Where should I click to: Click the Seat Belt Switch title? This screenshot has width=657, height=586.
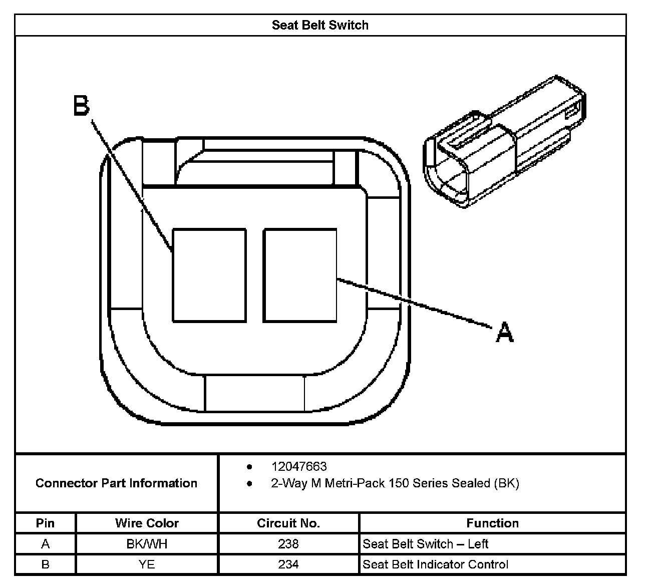tap(320, 25)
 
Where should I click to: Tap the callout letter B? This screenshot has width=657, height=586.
tap(82, 106)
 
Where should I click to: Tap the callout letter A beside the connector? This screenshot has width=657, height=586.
tap(504, 333)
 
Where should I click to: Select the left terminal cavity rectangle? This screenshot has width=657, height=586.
tap(209, 275)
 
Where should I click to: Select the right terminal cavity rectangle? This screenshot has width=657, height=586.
tap(300, 275)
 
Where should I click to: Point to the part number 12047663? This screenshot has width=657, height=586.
tap(299, 466)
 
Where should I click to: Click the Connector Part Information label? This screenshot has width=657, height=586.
tap(116, 483)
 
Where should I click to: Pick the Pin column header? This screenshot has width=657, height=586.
tap(45, 523)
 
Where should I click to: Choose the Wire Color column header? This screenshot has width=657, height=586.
tap(147, 523)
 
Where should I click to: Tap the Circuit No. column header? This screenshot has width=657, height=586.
tap(288, 523)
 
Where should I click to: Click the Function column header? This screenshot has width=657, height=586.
tap(492, 523)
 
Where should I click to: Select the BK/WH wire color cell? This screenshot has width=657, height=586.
tap(147, 544)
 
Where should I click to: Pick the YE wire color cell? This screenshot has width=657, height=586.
tap(147, 564)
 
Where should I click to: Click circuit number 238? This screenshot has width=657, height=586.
tap(288, 544)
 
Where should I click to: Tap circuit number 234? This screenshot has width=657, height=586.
tap(288, 564)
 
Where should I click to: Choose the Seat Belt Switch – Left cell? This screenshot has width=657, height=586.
tap(425, 544)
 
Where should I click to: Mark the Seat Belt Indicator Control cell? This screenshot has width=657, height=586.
tap(435, 564)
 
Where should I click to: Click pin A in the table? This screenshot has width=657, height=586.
tap(45, 544)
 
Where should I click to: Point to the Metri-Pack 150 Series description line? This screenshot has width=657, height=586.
tap(395, 483)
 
